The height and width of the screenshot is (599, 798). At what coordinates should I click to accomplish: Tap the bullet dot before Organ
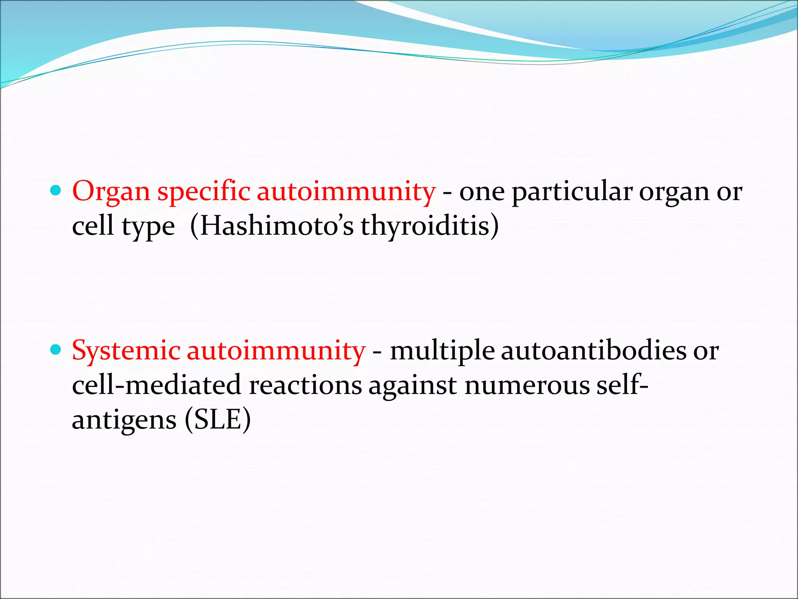(56, 191)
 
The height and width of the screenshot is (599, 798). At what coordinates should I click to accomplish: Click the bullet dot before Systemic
(56, 349)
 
